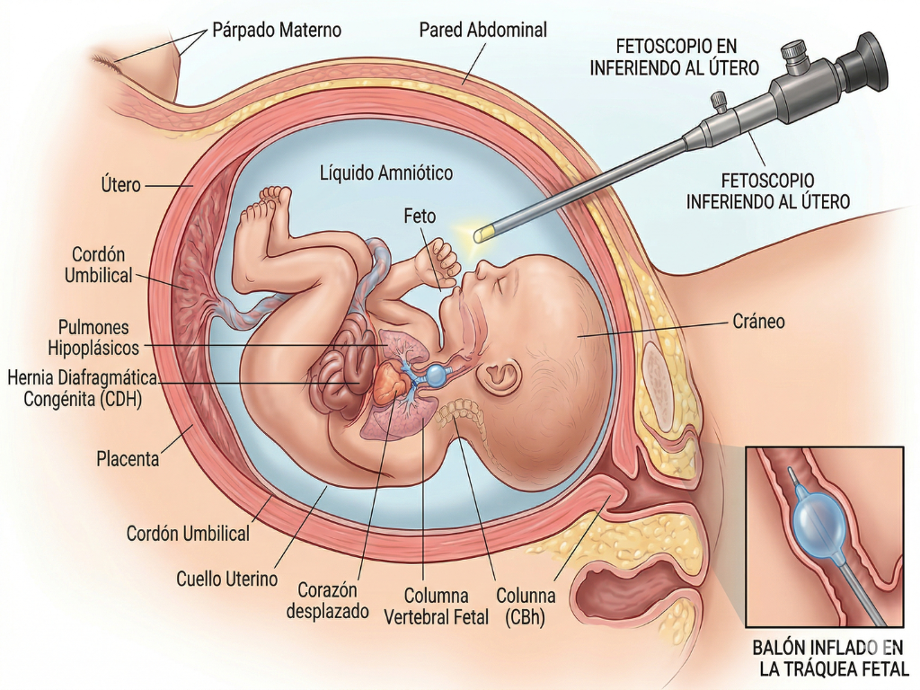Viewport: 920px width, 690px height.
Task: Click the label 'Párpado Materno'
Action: point(277,31)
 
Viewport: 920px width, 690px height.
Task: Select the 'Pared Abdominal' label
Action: point(482,31)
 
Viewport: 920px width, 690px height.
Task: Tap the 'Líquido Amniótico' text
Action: point(386,172)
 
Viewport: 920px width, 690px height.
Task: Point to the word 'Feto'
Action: point(420,217)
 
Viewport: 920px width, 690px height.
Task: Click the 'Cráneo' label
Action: point(759,322)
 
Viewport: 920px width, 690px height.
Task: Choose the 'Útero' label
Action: point(120,186)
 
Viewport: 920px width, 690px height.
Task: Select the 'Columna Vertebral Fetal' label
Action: point(436,606)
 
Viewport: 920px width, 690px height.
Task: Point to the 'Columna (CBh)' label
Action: point(526,606)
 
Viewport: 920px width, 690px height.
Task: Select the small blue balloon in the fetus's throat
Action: point(438,374)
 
